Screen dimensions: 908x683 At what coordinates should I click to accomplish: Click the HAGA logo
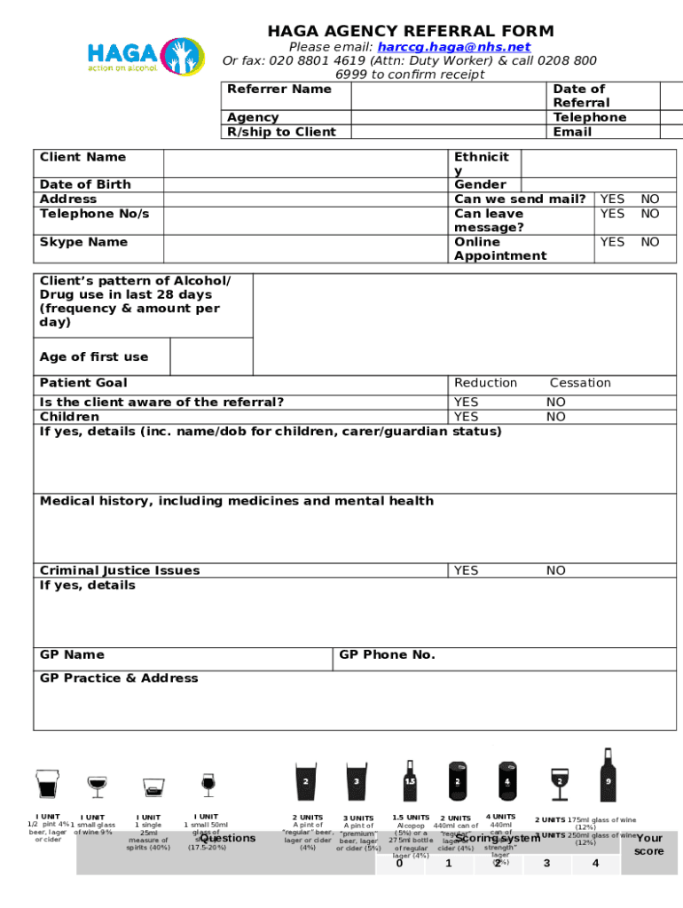145,55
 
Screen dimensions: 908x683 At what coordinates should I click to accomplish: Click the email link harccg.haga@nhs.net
453,47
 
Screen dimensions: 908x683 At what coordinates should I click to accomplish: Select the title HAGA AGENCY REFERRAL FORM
411,31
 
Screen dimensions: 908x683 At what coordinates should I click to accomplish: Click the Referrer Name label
279,89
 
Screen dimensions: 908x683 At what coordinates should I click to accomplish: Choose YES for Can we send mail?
612,200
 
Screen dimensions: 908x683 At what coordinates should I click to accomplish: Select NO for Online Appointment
650,242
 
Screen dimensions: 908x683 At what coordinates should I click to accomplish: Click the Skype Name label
83,242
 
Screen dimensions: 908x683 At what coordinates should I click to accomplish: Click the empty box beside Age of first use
210,356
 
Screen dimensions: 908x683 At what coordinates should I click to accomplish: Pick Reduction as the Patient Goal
485,383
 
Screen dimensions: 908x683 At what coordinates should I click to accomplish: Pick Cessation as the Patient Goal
580,383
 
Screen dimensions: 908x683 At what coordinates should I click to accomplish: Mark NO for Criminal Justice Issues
555,570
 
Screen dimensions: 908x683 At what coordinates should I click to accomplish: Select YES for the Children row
466,417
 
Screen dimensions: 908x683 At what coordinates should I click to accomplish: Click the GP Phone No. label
388,654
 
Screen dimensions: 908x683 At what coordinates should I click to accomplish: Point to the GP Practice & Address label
119,678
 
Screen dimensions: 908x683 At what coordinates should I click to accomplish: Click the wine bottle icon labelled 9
608,775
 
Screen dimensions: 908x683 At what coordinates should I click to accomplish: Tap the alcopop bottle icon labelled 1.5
410,780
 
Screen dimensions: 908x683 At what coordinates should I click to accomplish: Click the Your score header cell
649,844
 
